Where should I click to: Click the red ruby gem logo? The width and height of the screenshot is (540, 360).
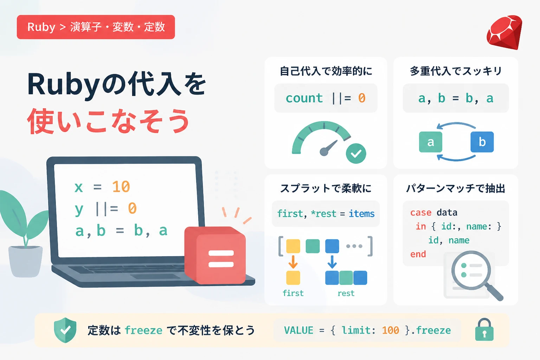pyautogui.click(x=504, y=33)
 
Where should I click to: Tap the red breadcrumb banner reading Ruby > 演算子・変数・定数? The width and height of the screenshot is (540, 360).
pyautogui.click(x=96, y=27)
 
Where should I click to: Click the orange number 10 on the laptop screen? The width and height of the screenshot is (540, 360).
pyautogui.click(x=121, y=187)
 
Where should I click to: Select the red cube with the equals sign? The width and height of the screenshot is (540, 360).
pyautogui.click(x=215, y=256)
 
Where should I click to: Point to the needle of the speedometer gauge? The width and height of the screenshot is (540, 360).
pyautogui.click(x=328, y=148)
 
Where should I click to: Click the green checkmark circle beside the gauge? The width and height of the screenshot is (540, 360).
pyautogui.click(x=356, y=154)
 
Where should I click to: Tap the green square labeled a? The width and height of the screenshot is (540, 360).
pyautogui.click(x=431, y=142)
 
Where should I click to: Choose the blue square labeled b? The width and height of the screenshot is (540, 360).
pyautogui.click(x=482, y=142)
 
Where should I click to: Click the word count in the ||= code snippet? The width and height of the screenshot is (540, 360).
pyautogui.click(x=304, y=98)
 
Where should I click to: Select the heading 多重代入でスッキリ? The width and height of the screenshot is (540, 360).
pyautogui.click(x=456, y=71)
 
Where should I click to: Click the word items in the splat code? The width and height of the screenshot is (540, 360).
pyautogui.click(x=362, y=214)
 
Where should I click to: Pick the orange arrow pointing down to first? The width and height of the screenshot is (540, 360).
pyautogui.click(x=293, y=262)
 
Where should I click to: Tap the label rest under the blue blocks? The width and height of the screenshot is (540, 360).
pyautogui.click(x=346, y=294)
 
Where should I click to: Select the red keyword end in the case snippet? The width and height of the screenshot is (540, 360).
pyautogui.click(x=418, y=254)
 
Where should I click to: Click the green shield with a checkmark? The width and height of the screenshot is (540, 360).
pyautogui.click(x=65, y=330)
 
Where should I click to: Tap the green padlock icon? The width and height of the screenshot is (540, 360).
pyautogui.click(x=484, y=330)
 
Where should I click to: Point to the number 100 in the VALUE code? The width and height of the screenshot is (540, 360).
pyautogui.click(x=391, y=330)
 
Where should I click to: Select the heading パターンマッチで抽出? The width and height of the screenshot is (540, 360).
pyautogui.click(x=456, y=188)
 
